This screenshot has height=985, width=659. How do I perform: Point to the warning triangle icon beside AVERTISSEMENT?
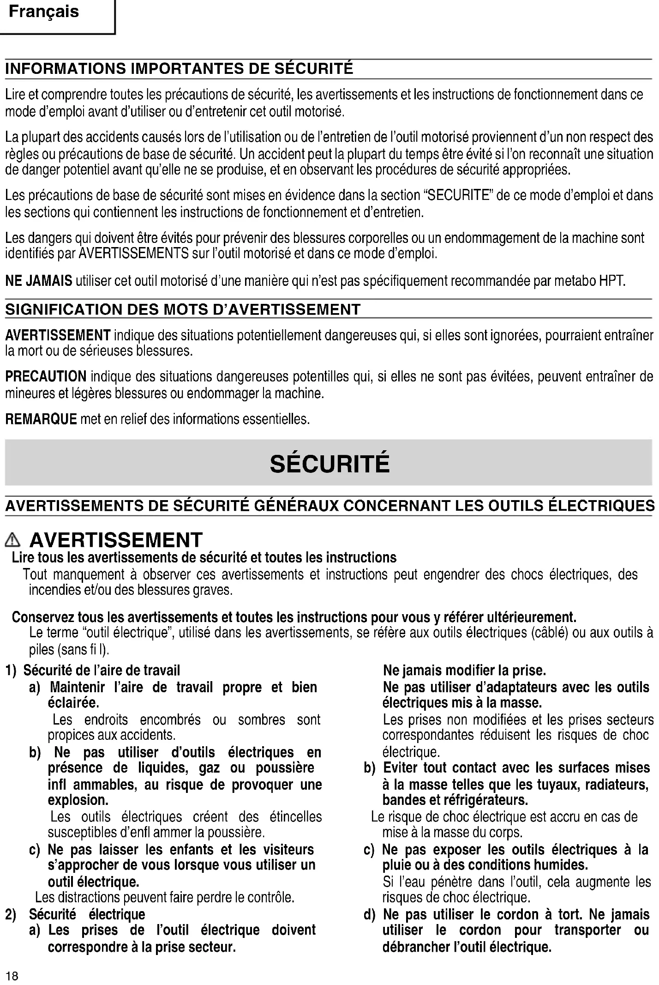coord(14,539)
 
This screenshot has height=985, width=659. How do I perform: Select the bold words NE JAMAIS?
coord(39,280)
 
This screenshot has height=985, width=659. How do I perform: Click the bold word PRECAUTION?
coord(46,376)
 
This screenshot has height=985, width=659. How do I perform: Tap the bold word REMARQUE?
coord(41,419)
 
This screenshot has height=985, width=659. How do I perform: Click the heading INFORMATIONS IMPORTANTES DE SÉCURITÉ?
coord(179,69)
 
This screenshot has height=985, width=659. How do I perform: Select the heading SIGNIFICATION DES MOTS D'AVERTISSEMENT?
coord(183,309)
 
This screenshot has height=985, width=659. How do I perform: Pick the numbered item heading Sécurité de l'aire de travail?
coord(102,670)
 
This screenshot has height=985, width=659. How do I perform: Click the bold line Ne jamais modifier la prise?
coord(464,670)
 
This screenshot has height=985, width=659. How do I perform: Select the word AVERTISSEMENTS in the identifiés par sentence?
coord(134,254)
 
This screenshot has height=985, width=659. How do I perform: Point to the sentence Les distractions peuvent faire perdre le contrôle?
coord(165,897)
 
